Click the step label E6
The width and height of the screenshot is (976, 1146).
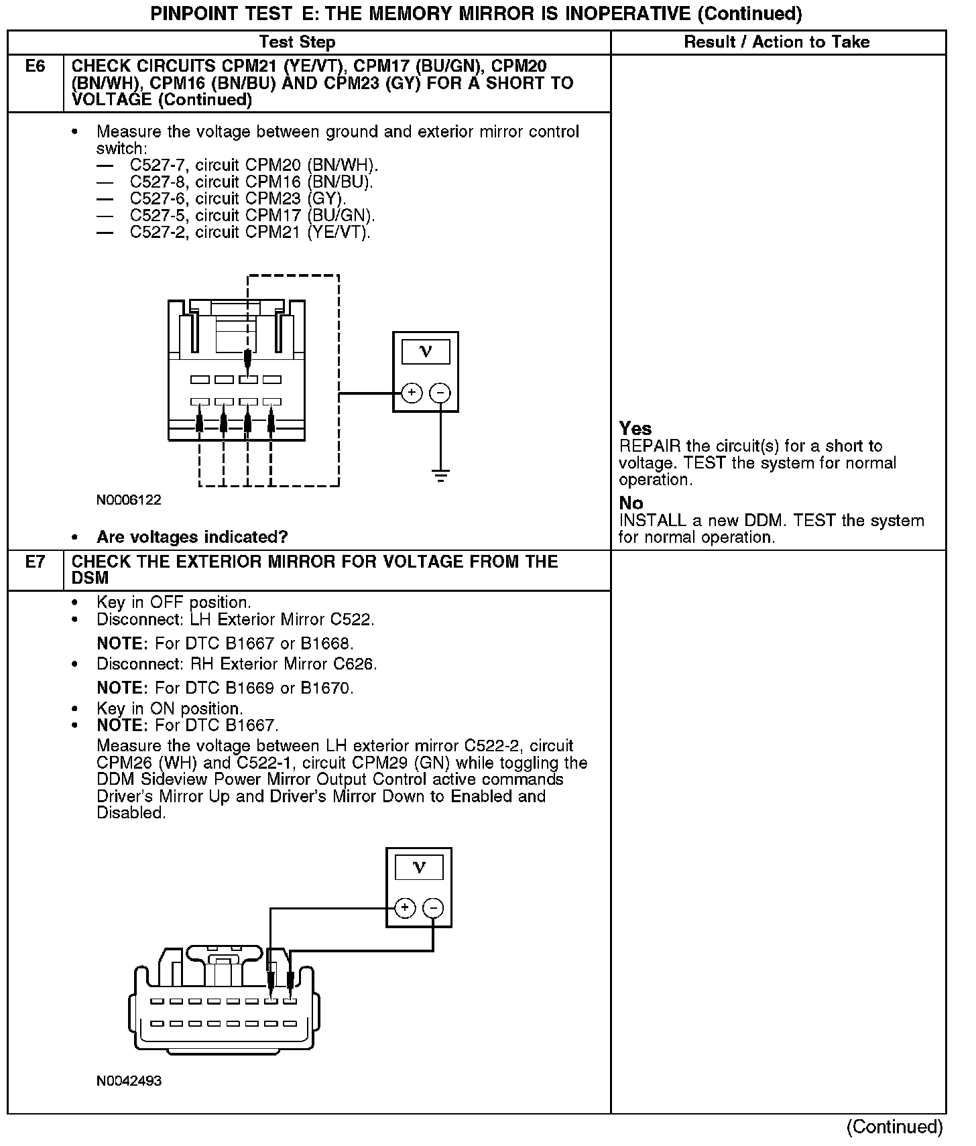[35, 66]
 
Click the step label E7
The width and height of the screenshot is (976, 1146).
[35, 562]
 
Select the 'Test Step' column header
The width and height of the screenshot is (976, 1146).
[297, 42]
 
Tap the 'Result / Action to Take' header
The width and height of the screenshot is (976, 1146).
[776, 42]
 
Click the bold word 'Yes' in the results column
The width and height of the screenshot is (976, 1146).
[635, 428]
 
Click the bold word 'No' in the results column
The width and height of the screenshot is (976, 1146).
[631, 503]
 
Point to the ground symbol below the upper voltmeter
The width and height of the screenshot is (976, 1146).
[440, 476]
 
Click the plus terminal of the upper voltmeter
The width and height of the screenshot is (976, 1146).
[412, 393]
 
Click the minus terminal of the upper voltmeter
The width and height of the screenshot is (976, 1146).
[440, 393]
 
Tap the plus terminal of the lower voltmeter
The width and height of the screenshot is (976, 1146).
[405, 908]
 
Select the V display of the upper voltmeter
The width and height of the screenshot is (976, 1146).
[425, 351]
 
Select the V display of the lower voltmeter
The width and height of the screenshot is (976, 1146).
[419, 868]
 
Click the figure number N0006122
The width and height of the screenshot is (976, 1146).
[129, 500]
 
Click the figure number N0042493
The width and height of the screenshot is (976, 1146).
[129, 1081]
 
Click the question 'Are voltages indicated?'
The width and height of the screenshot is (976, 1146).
[192, 537]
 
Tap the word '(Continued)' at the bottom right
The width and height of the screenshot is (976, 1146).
[894, 1127]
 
